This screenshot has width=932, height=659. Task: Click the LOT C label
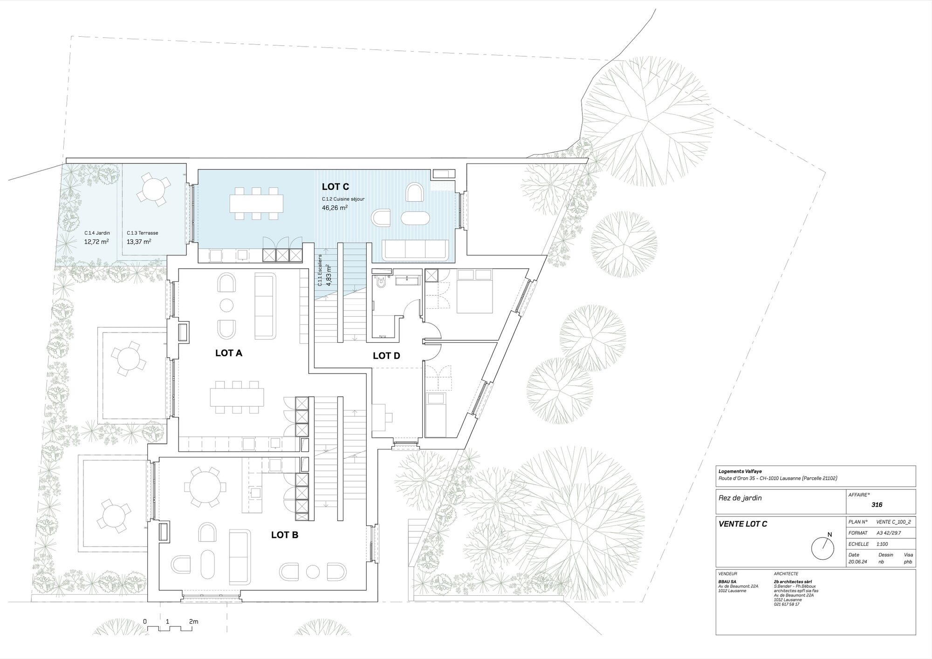[x=336, y=187]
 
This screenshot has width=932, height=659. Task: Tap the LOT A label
[x=229, y=353]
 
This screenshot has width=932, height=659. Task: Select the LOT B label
[x=285, y=535]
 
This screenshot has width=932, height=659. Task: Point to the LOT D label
[x=386, y=356]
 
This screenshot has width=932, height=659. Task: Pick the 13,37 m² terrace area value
[x=139, y=242]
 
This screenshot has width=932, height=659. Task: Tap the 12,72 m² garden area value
[x=96, y=242]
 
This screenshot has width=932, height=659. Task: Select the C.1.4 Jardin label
[x=97, y=233]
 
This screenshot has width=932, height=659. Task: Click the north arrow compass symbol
[x=822, y=548]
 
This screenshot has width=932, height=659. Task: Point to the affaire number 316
[x=877, y=504]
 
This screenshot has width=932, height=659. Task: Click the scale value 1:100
[x=870, y=544]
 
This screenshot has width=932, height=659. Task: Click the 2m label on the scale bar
[x=193, y=621]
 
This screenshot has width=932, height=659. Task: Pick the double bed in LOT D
[x=473, y=291]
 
